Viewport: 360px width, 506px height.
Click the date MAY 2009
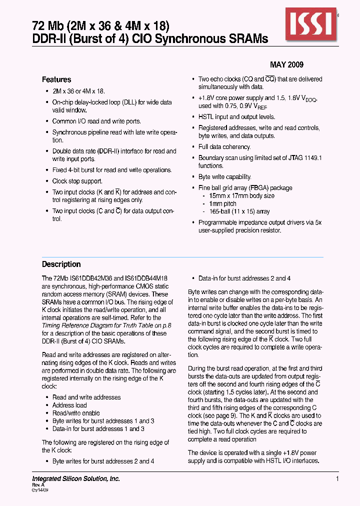[x=286, y=65]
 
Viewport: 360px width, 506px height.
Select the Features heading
[x=56, y=79]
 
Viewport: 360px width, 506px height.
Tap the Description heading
[x=61, y=264]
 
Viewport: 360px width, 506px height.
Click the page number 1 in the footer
[x=337, y=479]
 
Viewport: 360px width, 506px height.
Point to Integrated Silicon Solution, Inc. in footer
[x=76, y=479]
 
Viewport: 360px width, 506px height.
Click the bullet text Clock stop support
[x=77, y=181]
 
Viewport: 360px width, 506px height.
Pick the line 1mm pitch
[x=222, y=204]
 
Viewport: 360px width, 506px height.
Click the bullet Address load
[x=69, y=405]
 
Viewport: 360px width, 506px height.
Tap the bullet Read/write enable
[x=76, y=413]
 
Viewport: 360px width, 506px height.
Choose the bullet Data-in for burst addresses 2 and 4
[x=244, y=278]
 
